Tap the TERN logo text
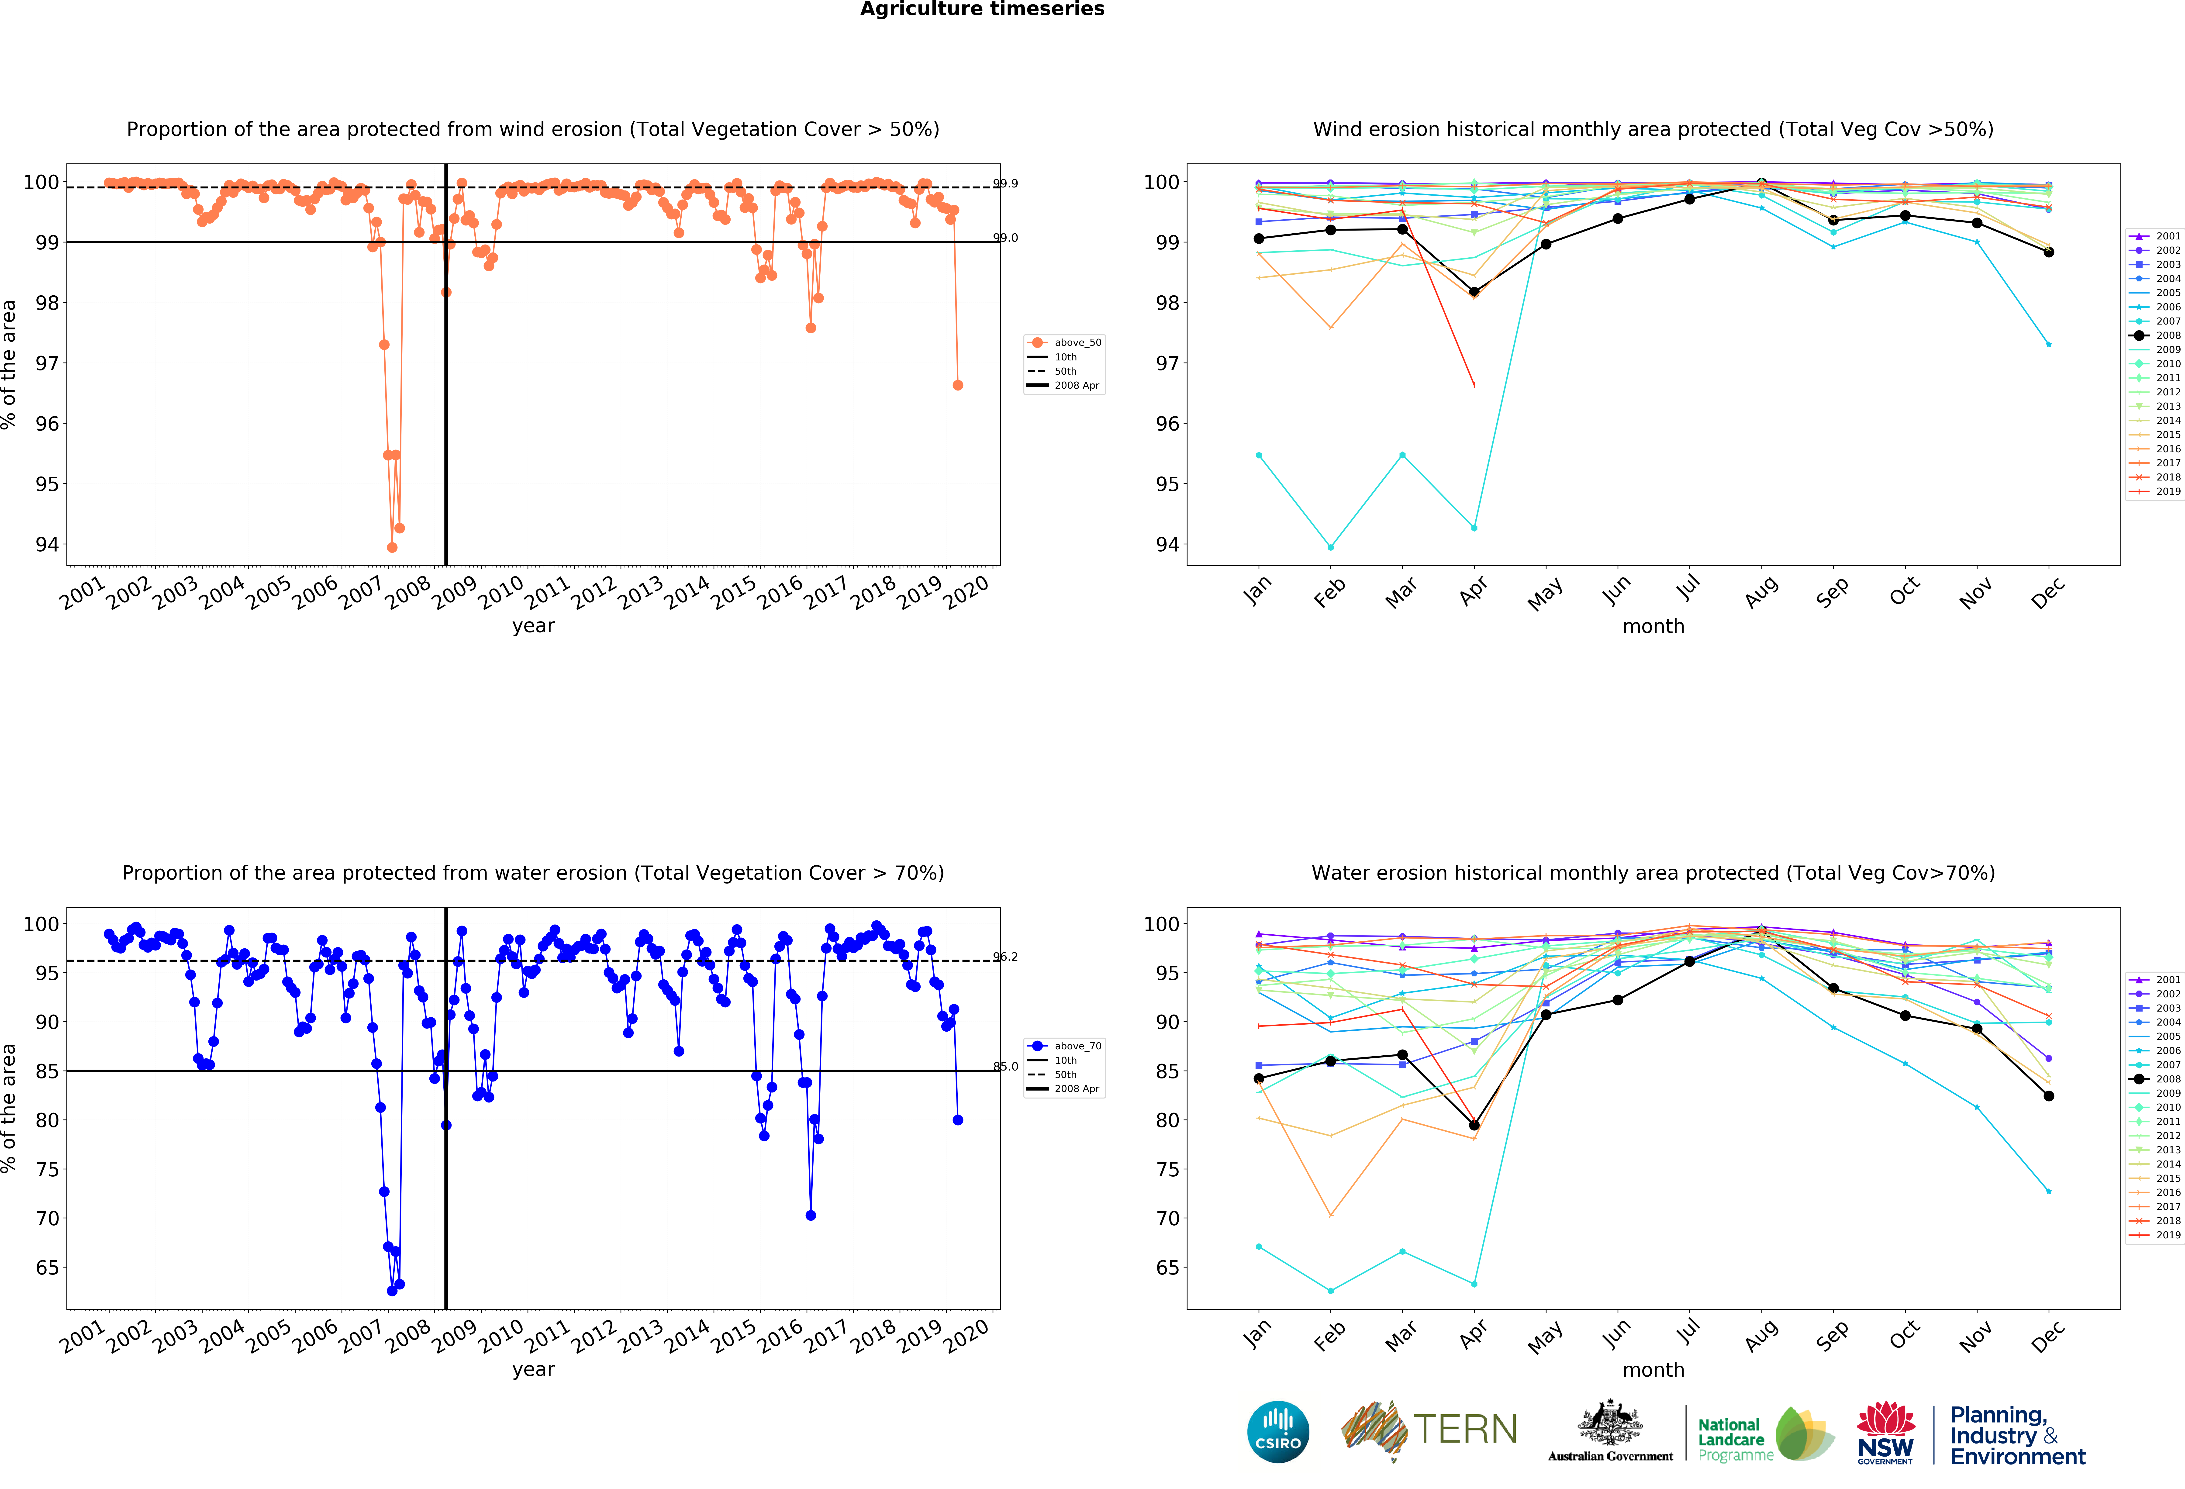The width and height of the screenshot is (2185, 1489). click(x=1465, y=1430)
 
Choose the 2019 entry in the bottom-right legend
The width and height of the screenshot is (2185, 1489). click(x=2168, y=1235)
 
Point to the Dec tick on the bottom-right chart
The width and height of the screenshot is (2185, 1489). click(x=2048, y=1335)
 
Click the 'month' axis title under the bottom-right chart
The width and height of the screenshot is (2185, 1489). click(x=1653, y=1370)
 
